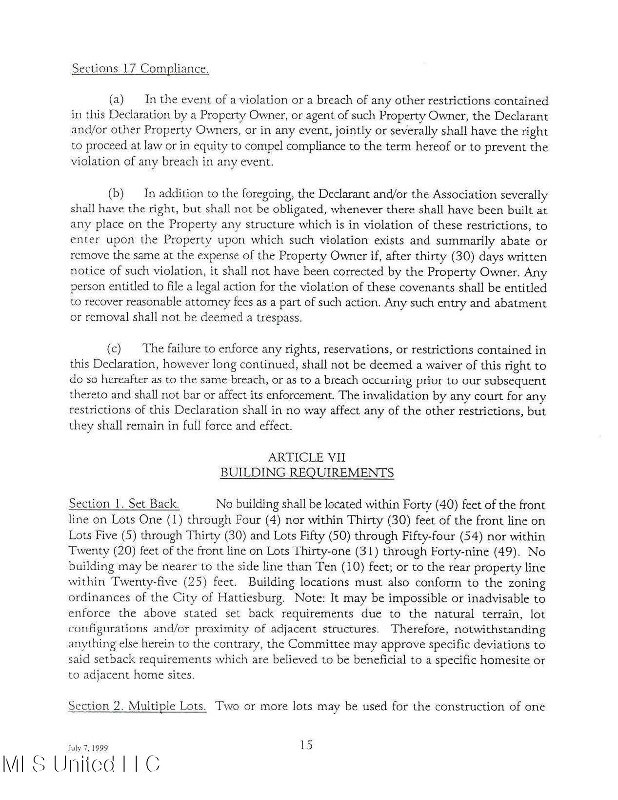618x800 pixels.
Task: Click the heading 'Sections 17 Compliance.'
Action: coord(140,68)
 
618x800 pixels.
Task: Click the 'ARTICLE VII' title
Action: coord(306,457)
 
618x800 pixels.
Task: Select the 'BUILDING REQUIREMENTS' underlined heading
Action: coord(307,472)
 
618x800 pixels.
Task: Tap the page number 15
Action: coord(306,745)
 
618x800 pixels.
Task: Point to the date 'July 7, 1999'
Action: coord(88,748)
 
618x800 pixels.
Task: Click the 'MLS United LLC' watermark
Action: coord(81,765)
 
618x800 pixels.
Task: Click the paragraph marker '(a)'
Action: coord(116,100)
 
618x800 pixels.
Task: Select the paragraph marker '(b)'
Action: coord(116,194)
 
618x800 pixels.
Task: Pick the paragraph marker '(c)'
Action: coord(114,349)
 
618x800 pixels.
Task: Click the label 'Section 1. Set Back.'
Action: coord(124,504)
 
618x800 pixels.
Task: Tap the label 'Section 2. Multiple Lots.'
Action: coord(137,706)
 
